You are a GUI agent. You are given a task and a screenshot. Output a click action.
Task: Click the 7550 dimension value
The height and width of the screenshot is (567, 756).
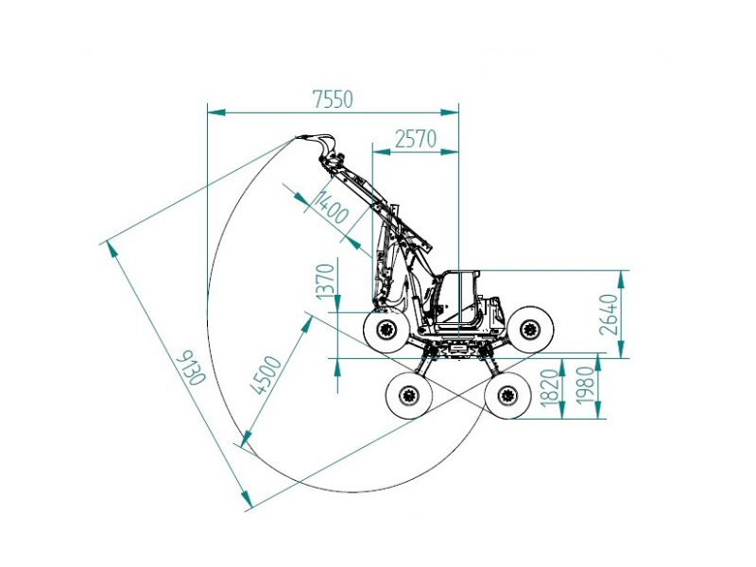click(334, 99)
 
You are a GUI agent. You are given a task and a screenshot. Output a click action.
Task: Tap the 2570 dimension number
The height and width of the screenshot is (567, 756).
click(416, 139)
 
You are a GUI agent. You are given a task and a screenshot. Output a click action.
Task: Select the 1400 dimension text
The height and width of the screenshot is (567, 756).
click(331, 206)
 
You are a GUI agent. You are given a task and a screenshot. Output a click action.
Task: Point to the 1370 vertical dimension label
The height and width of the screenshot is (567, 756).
click(325, 281)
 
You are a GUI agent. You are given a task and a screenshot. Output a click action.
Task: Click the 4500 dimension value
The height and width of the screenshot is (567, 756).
click(267, 375)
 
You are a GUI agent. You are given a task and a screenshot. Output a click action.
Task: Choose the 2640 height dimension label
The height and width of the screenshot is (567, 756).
click(608, 315)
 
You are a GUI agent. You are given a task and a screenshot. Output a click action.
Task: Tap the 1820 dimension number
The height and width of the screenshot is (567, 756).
click(550, 388)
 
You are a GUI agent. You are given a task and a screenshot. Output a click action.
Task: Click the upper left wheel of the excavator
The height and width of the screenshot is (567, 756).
click(387, 330)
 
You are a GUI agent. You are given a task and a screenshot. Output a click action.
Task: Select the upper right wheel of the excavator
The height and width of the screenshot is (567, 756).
click(530, 330)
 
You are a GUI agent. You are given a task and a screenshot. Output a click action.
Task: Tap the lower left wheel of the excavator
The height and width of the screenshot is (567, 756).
click(409, 396)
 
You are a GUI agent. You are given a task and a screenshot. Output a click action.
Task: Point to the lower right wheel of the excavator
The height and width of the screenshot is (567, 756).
click(507, 395)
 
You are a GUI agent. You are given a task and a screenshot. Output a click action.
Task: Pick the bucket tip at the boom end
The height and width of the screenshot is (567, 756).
click(297, 138)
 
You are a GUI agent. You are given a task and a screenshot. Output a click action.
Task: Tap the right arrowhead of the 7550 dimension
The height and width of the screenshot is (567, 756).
click(450, 112)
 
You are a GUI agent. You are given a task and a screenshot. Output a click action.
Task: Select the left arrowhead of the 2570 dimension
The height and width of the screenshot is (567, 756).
click(382, 152)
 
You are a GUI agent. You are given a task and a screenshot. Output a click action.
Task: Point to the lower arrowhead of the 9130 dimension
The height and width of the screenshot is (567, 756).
click(247, 498)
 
